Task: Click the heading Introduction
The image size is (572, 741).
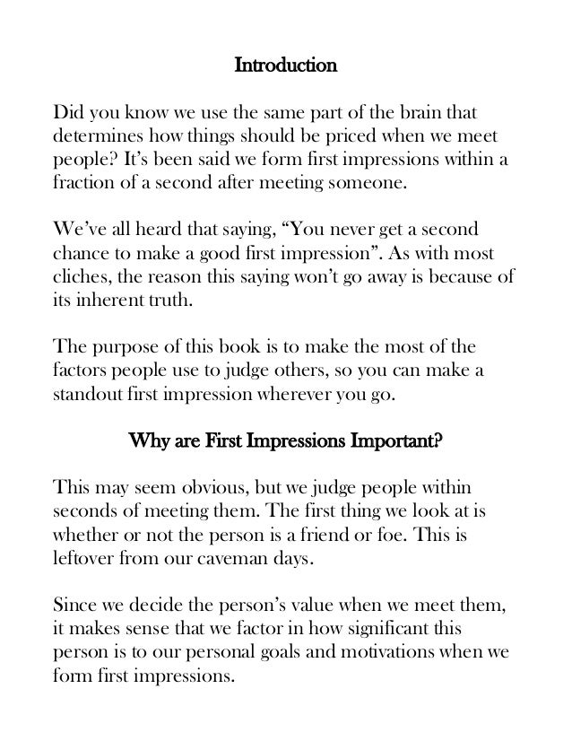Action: [x=285, y=65]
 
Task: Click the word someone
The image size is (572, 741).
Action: [x=369, y=186]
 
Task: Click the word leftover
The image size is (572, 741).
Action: [x=86, y=558]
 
